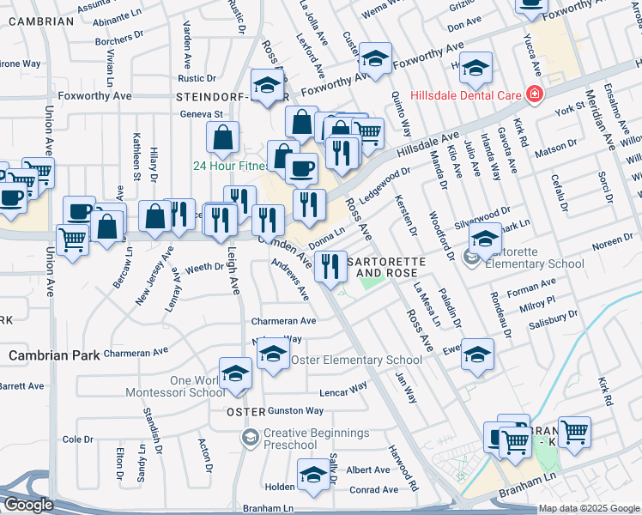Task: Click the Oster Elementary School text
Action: click(x=356, y=360)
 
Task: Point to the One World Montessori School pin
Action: click(x=234, y=374)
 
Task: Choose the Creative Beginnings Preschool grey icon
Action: click(x=250, y=438)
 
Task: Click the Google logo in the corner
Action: click(x=28, y=506)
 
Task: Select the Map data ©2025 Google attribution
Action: click(x=589, y=509)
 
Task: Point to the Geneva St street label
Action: click(x=201, y=113)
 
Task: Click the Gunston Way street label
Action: click(x=295, y=411)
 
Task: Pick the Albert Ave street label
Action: click(x=368, y=470)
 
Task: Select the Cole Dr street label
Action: click(x=78, y=439)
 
